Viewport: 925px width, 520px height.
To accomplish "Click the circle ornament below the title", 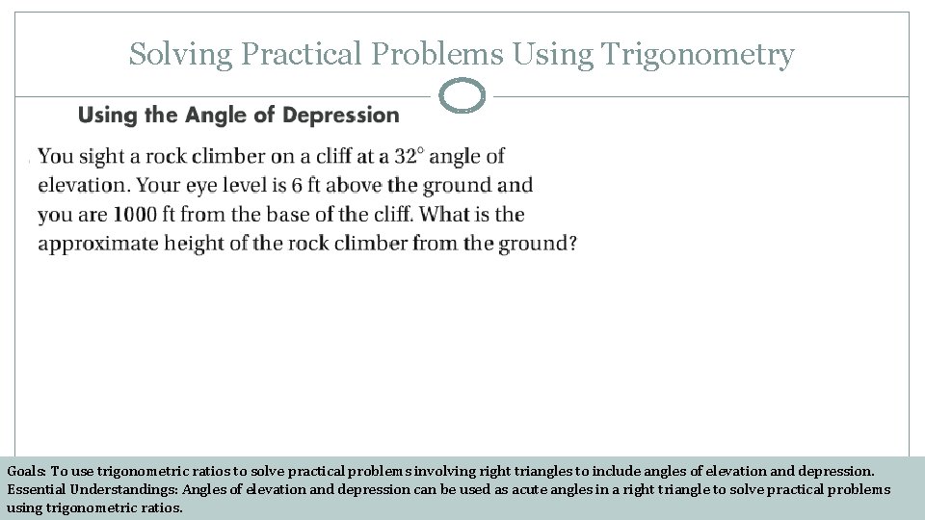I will [x=462, y=96].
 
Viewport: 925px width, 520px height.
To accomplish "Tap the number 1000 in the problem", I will [x=137, y=214].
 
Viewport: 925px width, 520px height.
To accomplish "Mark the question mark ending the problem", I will [x=572, y=245].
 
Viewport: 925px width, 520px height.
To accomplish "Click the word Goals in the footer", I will [x=25, y=472].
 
